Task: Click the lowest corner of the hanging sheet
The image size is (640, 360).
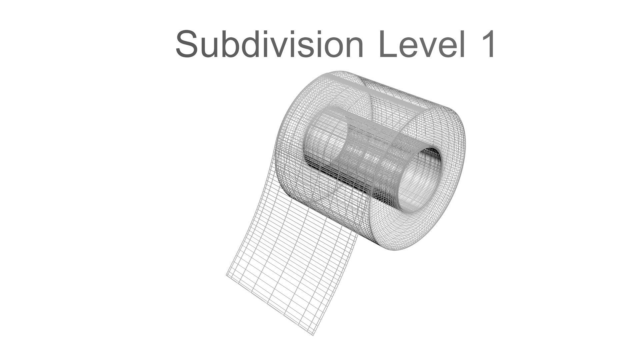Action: pos(313,334)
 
